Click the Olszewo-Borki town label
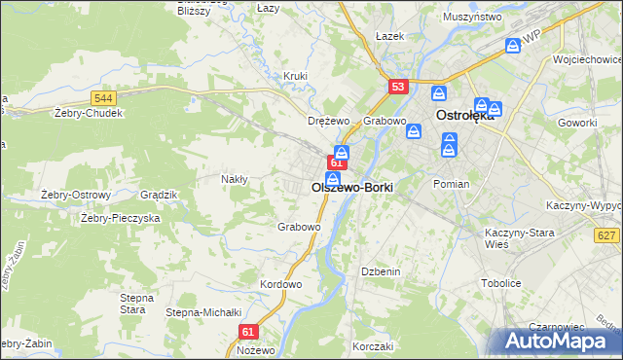[x=351, y=186]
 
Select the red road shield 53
[x=397, y=87]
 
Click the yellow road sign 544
[x=104, y=98]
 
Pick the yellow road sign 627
[x=606, y=235]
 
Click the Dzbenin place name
[x=381, y=271]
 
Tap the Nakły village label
[x=235, y=179]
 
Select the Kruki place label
[x=295, y=76]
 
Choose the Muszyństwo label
[x=471, y=18]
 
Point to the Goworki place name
[x=577, y=123]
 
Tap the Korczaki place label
[x=373, y=346]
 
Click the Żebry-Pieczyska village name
[x=120, y=219]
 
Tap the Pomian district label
[x=452, y=184]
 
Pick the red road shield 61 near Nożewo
[x=247, y=331]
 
